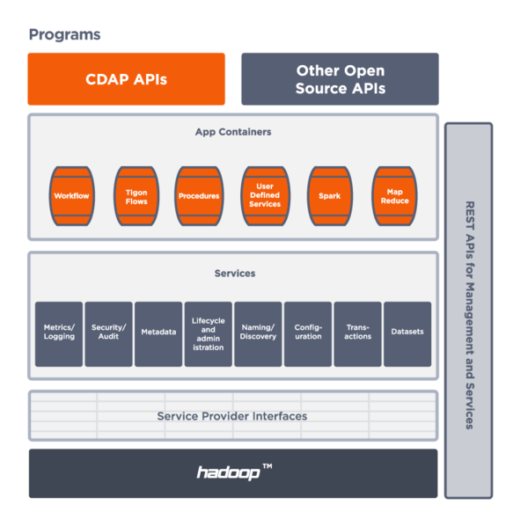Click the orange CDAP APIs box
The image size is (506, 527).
[126, 79]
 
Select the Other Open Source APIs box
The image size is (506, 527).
[340, 79]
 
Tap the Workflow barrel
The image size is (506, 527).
[71, 195]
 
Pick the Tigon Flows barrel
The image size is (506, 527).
[136, 195]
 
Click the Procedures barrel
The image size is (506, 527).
[199, 195]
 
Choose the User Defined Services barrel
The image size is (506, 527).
[265, 195]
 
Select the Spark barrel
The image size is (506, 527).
[330, 195]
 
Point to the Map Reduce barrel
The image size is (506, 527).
[394, 195]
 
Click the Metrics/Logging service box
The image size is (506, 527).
[59, 333]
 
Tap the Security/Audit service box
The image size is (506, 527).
[109, 333]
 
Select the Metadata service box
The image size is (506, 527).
[158, 333]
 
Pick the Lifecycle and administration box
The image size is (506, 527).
[209, 333]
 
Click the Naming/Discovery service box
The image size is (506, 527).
[258, 333]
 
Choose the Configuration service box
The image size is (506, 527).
[308, 333]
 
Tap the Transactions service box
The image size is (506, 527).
[357, 333]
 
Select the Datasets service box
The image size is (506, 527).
[407, 333]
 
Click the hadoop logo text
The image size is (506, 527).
[229, 473]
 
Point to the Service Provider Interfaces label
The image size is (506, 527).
[232, 416]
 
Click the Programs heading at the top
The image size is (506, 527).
[64, 35]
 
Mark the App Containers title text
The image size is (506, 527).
[233, 132]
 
